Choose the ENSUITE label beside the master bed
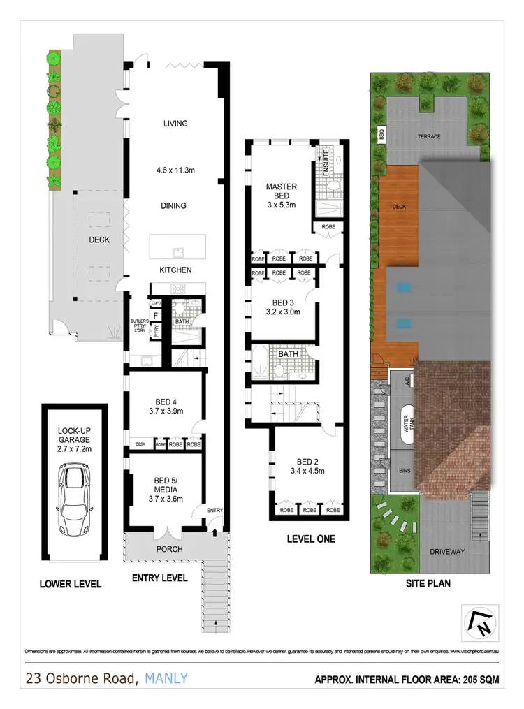click(x=326, y=161)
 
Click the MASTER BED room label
click(x=282, y=191)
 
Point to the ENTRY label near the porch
click(x=214, y=511)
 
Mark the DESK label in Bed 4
click(x=140, y=444)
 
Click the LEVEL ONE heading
click(x=311, y=539)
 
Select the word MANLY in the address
click(x=166, y=678)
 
